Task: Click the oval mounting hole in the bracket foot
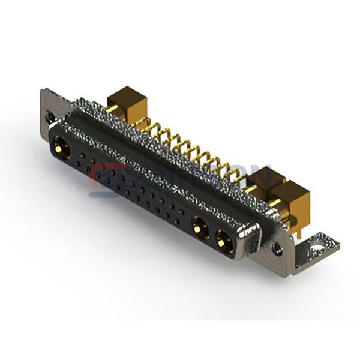click(318, 245)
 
